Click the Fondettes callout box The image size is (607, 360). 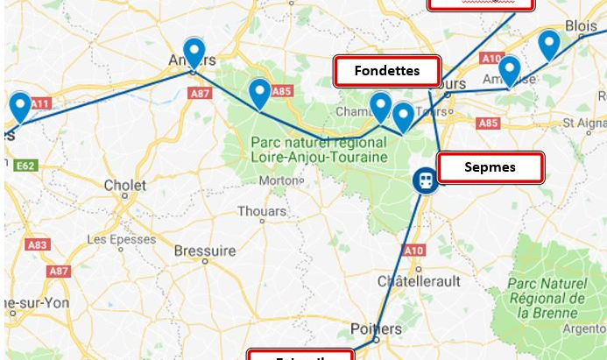[386, 71]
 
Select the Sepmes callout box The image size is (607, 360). [490, 167]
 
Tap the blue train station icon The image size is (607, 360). [424, 180]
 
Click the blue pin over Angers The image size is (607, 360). [194, 53]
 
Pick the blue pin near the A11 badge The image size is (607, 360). [19, 108]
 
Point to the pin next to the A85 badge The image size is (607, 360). [259, 93]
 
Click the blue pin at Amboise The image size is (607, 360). [509, 71]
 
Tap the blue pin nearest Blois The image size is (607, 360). [548, 45]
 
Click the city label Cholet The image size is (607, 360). [125, 185]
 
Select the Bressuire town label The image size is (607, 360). [204, 251]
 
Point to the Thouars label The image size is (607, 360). [262, 211]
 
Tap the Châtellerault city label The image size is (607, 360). [419, 281]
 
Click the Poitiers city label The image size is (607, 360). [375, 328]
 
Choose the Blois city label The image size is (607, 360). [581, 26]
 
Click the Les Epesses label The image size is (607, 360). [122, 238]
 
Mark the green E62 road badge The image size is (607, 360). [25, 165]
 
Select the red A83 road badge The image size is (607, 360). [38, 245]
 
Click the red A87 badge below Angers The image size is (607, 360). [201, 92]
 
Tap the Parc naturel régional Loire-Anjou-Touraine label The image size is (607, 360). [318, 149]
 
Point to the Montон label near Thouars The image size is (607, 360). [279, 180]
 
